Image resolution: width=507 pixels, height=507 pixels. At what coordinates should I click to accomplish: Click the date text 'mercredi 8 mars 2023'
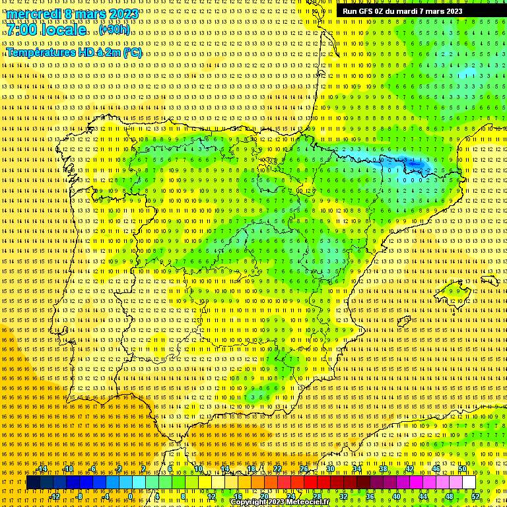[x=72, y=14]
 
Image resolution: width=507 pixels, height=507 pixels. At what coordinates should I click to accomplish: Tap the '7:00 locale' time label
[x=46, y=30]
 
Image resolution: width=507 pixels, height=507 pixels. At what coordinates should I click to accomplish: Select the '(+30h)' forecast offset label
[x=114, y=30]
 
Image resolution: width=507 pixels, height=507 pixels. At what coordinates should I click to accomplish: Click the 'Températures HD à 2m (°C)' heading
[x=74, y=53]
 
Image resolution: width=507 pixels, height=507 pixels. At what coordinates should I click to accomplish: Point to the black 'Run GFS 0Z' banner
[x=403, y=11]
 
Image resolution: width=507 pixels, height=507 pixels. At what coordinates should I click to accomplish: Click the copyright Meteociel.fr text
[x=280, y=502]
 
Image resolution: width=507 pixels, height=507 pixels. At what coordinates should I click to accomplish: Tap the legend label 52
[x=475, y=496]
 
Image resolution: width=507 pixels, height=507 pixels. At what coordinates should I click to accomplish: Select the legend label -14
[x=42, y=469]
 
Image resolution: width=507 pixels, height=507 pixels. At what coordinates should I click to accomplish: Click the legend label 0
[x=131, y=496]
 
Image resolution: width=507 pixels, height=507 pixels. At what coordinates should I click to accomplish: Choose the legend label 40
[x=396, y=496]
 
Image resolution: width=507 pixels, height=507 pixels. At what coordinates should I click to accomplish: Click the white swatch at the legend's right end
[x=469, y=483]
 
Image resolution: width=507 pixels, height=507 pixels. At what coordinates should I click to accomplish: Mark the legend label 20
[x=264, y=496]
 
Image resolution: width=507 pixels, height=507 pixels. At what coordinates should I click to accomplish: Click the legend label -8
[x=79, y=496]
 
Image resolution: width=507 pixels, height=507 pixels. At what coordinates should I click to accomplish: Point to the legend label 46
[x=436, y=469]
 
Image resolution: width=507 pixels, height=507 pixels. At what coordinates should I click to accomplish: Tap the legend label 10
[x=198, y=469]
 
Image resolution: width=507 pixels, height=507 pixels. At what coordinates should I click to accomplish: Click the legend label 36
[x=370, y=496]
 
